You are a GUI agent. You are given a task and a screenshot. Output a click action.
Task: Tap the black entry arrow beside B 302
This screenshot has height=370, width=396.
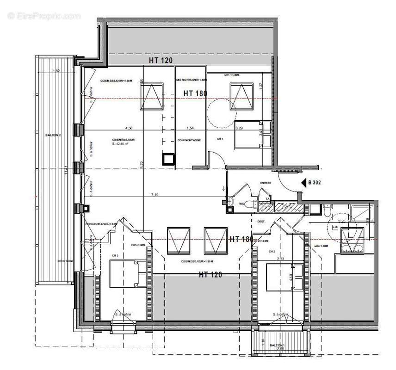tap(303, 182)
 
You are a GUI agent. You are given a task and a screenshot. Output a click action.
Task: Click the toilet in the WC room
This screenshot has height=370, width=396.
tap(250, 204)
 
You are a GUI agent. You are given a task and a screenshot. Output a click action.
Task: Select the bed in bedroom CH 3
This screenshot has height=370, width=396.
tap(128, 273)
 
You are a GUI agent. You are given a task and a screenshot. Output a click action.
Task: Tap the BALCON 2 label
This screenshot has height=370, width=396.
tap(54, 135)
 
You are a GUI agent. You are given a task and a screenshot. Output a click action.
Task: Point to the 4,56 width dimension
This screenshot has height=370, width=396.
tap(129, 128)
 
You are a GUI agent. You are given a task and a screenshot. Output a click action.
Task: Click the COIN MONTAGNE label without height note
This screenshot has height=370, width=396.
tap(188, 140)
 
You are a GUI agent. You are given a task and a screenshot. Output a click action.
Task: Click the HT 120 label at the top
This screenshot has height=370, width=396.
tap(161, 61)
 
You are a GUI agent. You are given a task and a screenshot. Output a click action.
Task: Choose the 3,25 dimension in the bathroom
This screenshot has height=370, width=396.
tap(342, 221)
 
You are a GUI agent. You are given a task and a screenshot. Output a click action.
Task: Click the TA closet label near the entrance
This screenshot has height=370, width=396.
tap(268, 199)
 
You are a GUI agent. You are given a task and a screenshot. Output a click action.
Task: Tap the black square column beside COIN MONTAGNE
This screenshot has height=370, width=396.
tap(168, 159)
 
